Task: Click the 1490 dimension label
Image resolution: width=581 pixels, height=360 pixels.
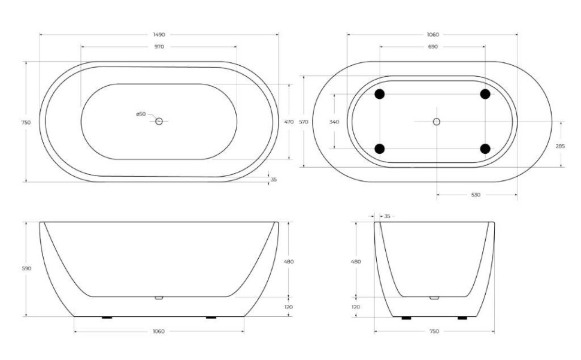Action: (159, 35)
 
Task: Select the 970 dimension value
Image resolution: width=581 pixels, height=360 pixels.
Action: (159, 47)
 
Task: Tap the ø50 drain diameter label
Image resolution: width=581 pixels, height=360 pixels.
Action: (141, 114)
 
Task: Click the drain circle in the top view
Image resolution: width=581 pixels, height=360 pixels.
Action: (159, 122)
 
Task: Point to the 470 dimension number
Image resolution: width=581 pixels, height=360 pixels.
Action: (289, 122)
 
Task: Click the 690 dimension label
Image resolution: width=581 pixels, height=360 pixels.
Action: (432, 47)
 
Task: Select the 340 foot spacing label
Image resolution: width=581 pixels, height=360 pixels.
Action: (334, 122)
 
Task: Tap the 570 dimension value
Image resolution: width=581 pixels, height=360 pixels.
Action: (304, 122)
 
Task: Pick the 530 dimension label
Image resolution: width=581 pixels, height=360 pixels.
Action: (476, 195)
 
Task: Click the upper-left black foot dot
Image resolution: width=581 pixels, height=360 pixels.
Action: (379, 94)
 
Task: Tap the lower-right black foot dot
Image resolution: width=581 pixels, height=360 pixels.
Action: (485, 149)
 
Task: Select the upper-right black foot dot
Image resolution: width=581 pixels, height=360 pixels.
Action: (485, 94)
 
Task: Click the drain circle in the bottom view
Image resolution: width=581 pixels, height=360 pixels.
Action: (437, 122)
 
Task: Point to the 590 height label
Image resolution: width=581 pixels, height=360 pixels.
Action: (26, 268)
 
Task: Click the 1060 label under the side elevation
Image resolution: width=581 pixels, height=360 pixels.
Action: (159, 331)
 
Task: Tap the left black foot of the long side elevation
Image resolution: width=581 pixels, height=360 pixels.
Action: (107, 317)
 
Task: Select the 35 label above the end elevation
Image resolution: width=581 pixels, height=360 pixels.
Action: (387, 216)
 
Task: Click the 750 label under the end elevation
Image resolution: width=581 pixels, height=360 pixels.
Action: (434, 331)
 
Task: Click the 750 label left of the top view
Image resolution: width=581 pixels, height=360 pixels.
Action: (26, 122)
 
